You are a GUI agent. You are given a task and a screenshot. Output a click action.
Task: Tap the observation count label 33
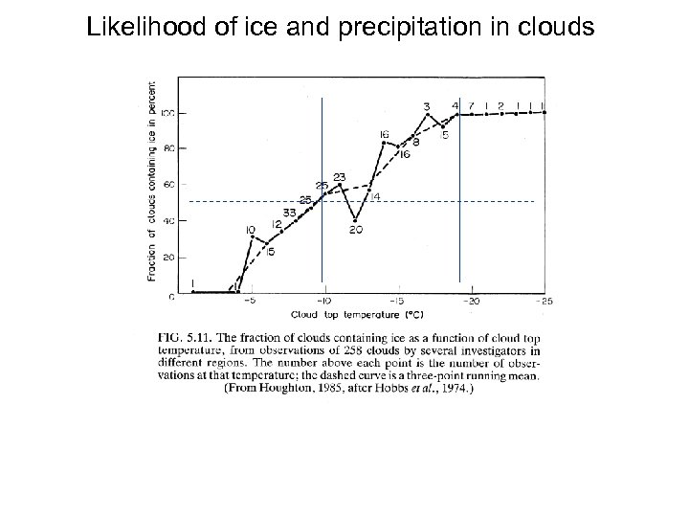289,212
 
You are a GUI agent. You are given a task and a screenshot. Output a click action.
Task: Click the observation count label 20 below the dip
356,229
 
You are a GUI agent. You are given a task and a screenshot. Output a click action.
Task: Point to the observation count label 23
339,176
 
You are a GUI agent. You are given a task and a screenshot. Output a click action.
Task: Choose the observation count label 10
249,230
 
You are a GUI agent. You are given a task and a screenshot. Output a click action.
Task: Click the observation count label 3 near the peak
426,105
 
